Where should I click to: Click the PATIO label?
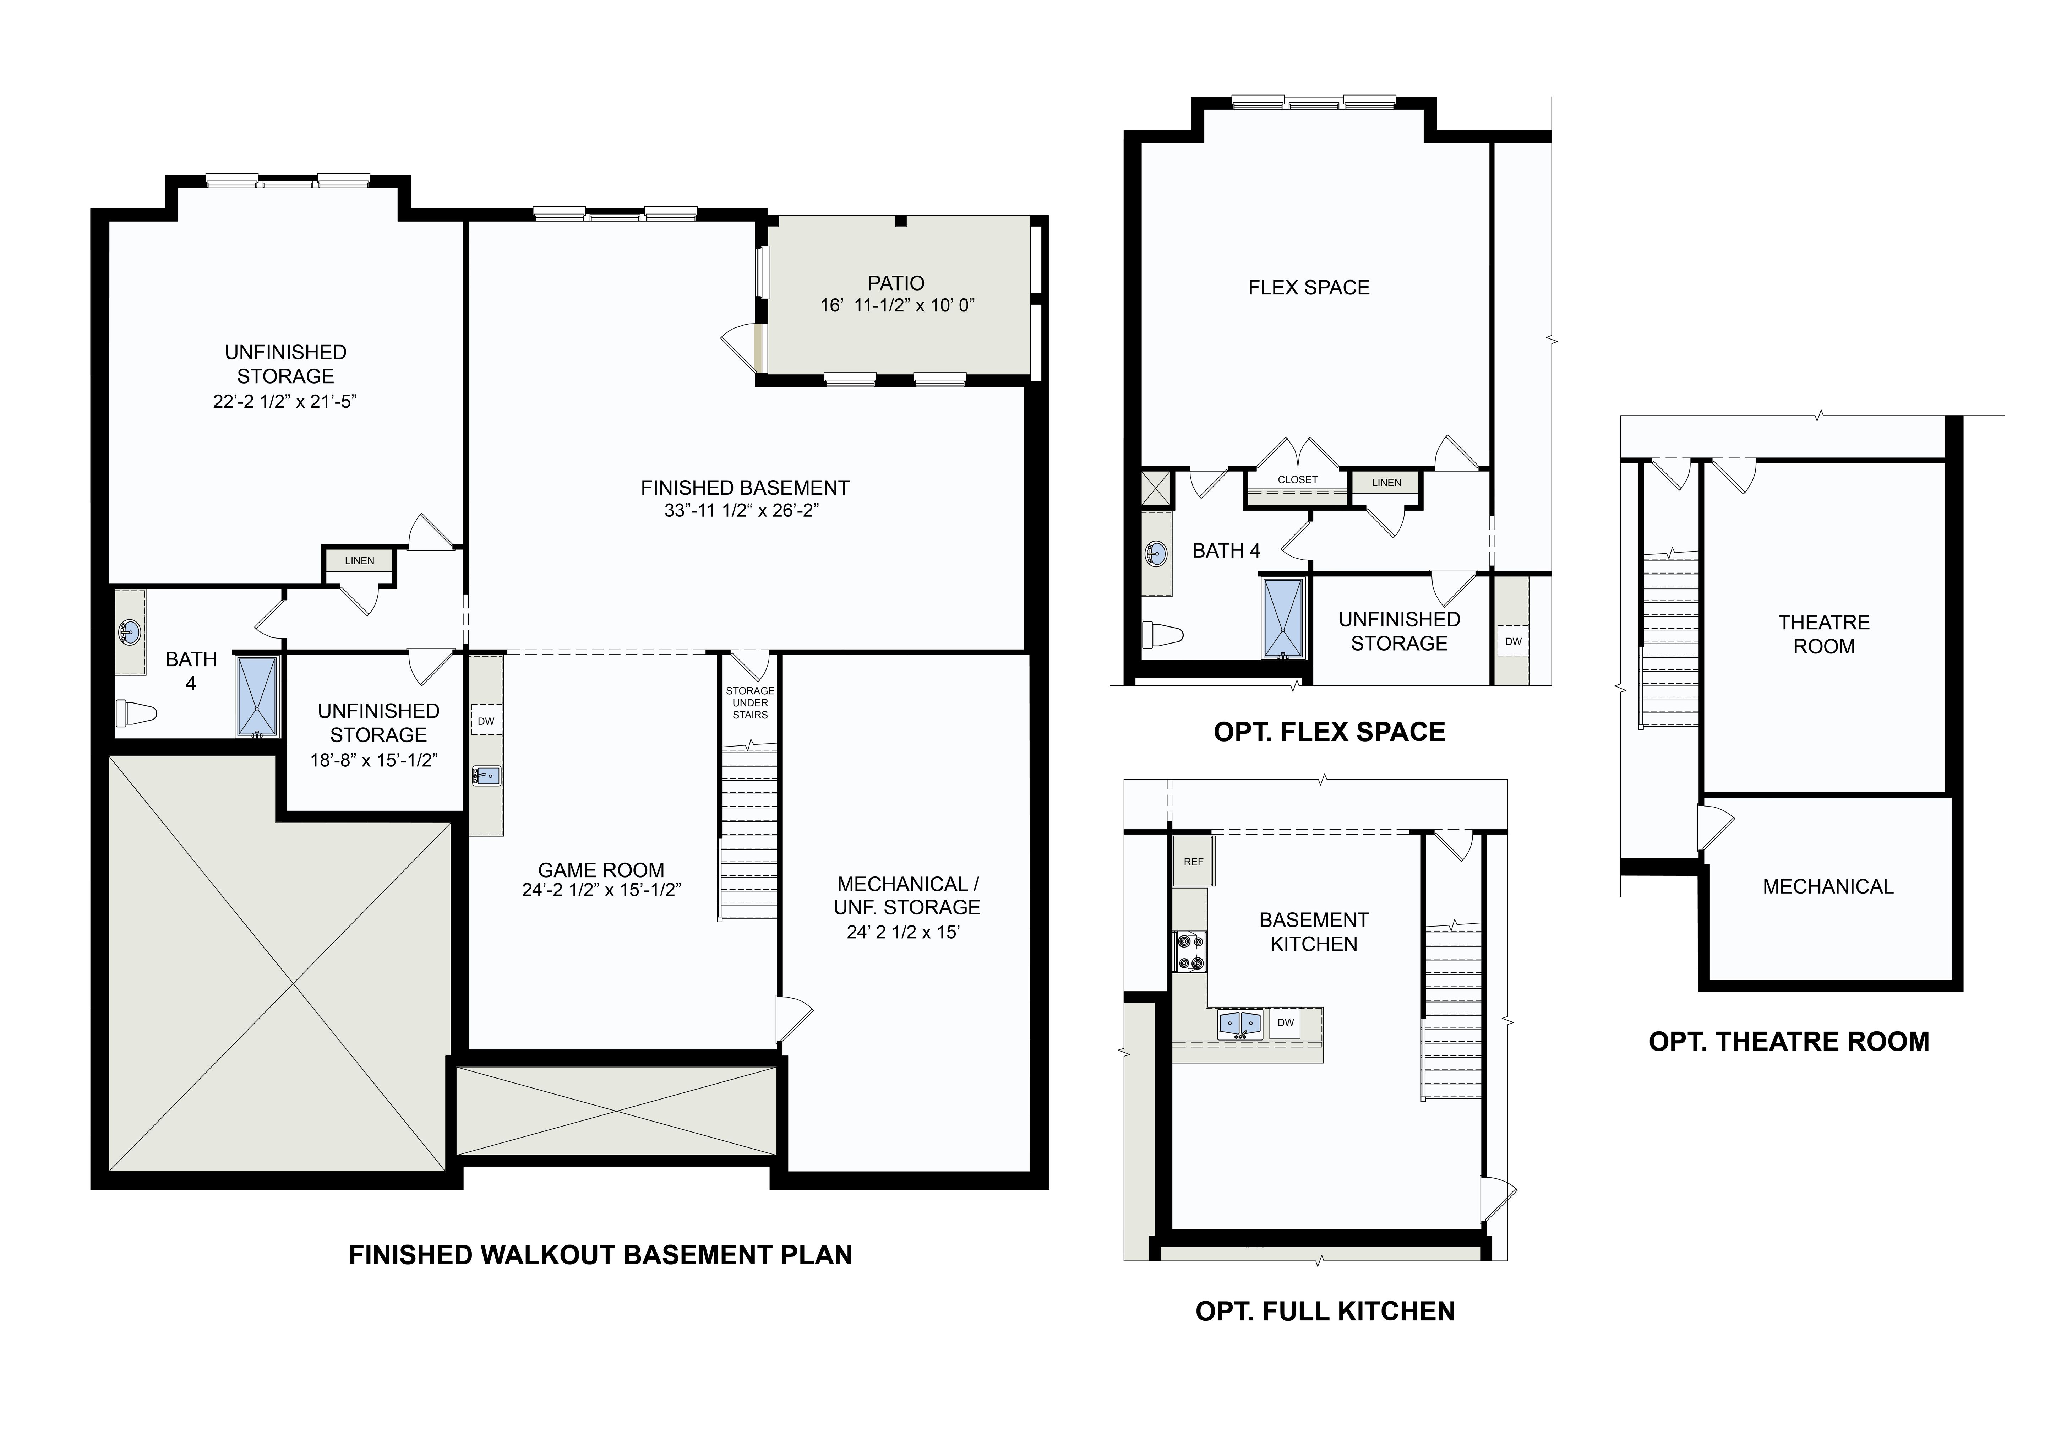(x=896, y=283)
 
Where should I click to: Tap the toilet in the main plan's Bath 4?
(x=136, y=713)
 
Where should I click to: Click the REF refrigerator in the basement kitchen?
(x=1194, y=862)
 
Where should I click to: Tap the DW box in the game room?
(x=485, y=721)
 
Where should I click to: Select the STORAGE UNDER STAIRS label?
(x=750, y=703)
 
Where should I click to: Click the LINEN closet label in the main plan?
(x=360, y=560)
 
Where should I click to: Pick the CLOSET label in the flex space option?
(x=1298, y=479)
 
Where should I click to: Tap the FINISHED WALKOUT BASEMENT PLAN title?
(x=600, y=1255)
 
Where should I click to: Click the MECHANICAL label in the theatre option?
(x=1828, y=886)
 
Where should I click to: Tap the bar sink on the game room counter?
(x=486, y=775)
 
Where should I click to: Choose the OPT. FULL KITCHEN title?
(x=1325, y=1311)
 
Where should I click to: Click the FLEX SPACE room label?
(x=1308, y=288)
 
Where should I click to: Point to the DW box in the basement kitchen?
(x=1285, y=1023)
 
